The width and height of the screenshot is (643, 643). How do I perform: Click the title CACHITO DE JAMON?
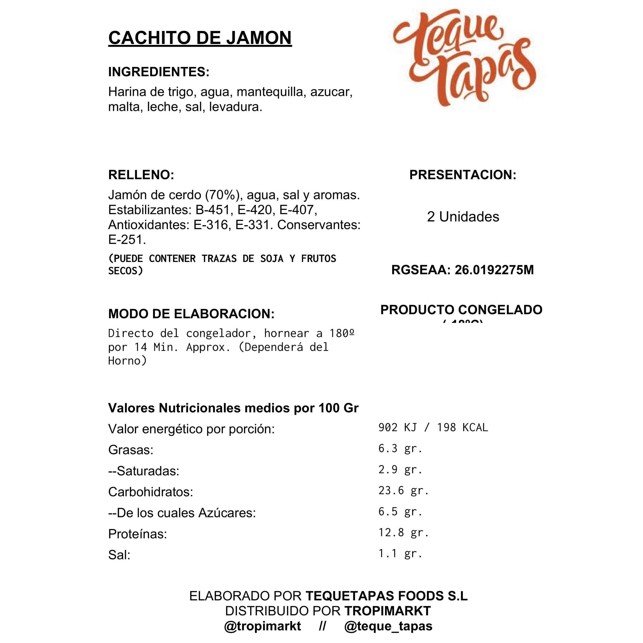(200, 38)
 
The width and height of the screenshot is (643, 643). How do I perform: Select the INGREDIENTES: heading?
(159, 72)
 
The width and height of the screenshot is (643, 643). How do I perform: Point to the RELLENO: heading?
(141, 175)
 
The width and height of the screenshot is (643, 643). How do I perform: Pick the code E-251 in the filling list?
(127, 240)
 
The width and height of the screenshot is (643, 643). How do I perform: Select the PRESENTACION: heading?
(463, 175)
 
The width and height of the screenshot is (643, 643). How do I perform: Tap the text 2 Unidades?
(463, 217)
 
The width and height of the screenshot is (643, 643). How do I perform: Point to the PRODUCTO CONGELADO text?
(461, 310)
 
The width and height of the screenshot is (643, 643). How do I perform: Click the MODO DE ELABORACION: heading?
(191, 314)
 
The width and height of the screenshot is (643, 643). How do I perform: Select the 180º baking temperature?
(342, 333)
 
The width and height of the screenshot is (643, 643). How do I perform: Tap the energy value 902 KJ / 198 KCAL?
(433, 427)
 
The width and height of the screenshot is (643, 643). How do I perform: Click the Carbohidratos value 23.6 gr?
(403, 490)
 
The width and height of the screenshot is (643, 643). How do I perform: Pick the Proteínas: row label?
(137, 534)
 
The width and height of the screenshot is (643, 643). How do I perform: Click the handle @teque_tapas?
(388, 626)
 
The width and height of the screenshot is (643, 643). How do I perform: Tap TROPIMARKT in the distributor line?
(387, 611)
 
